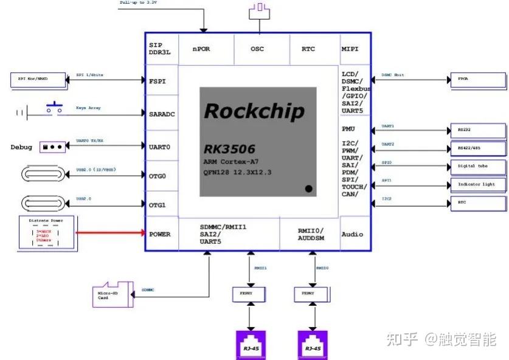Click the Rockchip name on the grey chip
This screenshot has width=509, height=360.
click(254, 111)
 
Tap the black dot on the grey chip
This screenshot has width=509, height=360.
click(308, 189)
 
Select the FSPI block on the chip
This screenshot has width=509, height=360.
click(158, 80)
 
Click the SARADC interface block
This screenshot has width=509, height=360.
click(162, 113)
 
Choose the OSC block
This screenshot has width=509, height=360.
click(257, 49)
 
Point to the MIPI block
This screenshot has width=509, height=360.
click(350, 49)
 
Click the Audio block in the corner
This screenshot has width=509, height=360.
click(352, 234)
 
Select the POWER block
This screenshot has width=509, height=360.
click(160, 234)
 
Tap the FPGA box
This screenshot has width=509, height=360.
click(477, 79)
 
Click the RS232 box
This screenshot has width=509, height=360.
click(477, 130)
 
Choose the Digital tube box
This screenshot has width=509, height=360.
click(477, 166)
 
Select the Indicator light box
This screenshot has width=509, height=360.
click(477, 184)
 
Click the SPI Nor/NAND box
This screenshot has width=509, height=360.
click(36, 80)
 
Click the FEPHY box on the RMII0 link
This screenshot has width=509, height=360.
click(313, 294)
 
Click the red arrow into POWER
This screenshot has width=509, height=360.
click(109, 232)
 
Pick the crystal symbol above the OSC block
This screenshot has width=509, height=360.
click(261, 8)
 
